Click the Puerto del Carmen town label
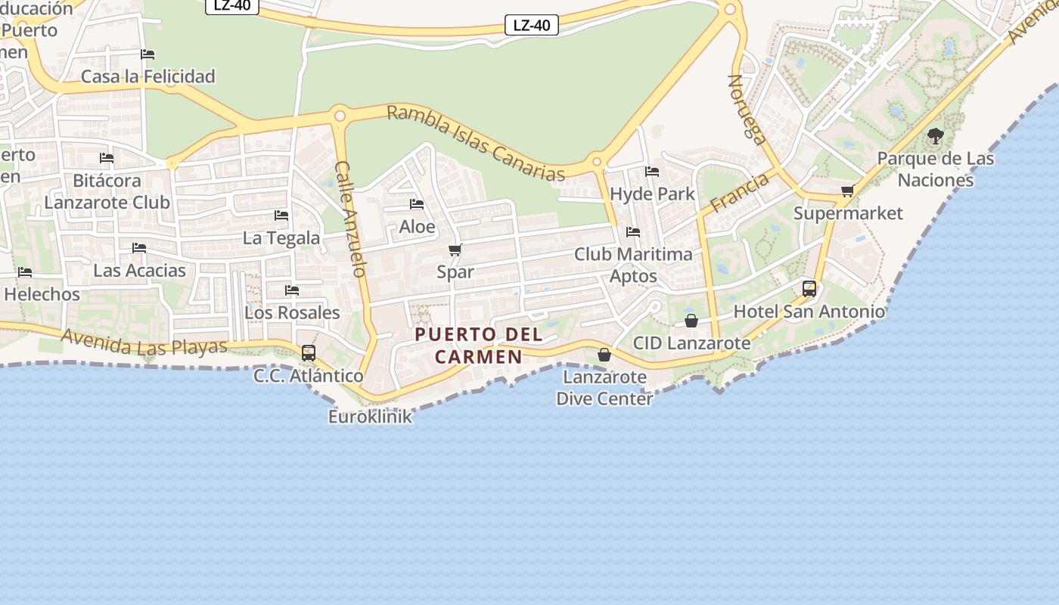[x=479, y=345]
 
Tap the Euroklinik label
[x=370, y=416]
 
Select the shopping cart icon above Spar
[x=455, y=250]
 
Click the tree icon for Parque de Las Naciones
[x=935, y=137]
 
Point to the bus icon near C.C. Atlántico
[x=309, y=352]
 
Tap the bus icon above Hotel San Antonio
[x=809, y=288]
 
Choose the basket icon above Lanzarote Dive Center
[x=604, y=354]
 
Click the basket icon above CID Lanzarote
[x=691, y=321]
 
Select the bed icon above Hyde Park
[x=652, y=172]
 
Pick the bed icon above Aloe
[x=417, y=204]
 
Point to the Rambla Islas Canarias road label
[x=476, y=144]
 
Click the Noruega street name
[x=747, y=109]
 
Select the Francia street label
[x=739, y=191]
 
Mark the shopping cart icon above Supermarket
[x=848, y=191]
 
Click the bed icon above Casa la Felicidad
[x=148, y=54]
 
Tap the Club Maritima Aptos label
[x=633, y=265]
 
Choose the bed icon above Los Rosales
[x=292, y=290]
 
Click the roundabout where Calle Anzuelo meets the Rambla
[x=340, y=116]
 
